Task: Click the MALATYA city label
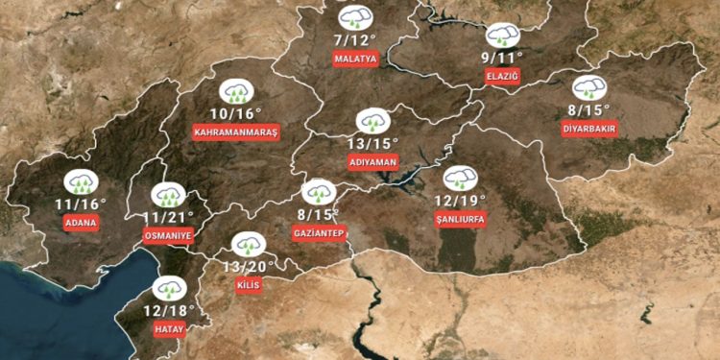[x=355, y=60]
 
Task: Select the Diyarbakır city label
[x=590, y=129]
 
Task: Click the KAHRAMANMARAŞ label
[x=235, y=131]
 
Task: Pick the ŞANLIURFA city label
[x=461, y=220]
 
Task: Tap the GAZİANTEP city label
[x=318, y=233]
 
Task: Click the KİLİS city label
[x=248, y=285]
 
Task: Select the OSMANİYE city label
[x=167, y=234]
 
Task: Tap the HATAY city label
[x=169, y=329]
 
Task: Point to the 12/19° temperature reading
[x=460, y=201]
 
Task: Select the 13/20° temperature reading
[x=249, y=266]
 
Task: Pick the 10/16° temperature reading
[x=235, y=112]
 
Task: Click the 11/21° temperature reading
[x=167, y=216]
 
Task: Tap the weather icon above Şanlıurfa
[x=460, y=178]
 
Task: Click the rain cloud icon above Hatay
[x=170, y=287]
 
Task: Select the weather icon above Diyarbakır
[x=589, y=87]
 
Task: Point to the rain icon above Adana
[x=80, y=181]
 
